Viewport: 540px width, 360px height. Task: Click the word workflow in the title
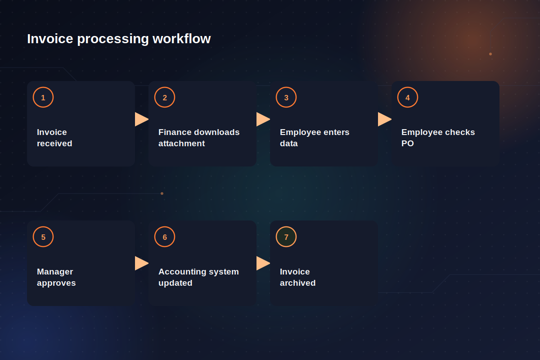coord(181,39)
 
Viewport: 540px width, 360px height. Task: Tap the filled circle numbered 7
coord(286,237)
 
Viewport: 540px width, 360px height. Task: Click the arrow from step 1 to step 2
coord(142,119)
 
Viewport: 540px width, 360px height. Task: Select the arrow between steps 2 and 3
coord(263,119)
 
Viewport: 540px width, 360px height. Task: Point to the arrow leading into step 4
coord(385,119)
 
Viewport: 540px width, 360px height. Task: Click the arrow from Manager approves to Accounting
coord(142,263)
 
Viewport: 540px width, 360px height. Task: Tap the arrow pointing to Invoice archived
coord(263,263)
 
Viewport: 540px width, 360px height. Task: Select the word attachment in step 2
coord(181,144)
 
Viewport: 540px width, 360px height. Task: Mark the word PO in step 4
coord(408,144)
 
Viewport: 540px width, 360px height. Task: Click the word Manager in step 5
coord(55,272)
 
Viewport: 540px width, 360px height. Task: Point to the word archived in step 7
coord(298,283)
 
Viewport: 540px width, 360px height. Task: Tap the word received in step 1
coord(54,144)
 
